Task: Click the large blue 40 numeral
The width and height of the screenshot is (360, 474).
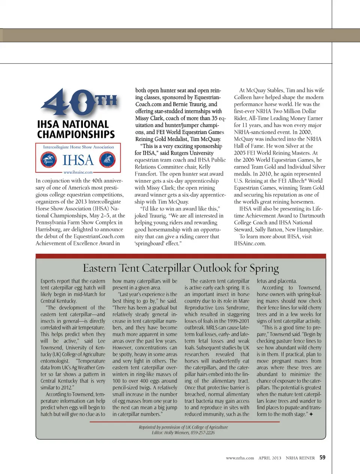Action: pos(67,102)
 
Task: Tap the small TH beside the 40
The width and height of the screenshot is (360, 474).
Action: pos(106,101)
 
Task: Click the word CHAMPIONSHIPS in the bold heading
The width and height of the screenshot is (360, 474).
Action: pos(76,134)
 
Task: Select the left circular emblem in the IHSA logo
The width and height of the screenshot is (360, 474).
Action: pos(48,160)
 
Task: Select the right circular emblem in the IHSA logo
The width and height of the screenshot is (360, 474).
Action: pos(107,160)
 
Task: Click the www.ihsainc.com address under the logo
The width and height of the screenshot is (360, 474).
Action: pos(78,172)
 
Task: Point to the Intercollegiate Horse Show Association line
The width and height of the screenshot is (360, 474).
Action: pos(78,147)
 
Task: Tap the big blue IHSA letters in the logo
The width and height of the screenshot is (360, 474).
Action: pos(78,160)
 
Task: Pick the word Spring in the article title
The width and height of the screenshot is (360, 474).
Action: pos(264,268)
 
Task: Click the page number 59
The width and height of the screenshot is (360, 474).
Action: pos(322,458)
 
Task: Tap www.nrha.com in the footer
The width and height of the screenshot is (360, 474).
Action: pos(240,458)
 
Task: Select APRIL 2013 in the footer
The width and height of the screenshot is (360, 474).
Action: pos(270,458)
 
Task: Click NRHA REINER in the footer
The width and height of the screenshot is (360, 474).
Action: pos(300,458)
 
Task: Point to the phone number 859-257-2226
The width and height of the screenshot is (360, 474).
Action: pos(203,433)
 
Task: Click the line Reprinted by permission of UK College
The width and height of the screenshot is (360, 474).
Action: pos(183,427)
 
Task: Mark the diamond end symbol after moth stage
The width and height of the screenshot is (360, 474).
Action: pos(311,414)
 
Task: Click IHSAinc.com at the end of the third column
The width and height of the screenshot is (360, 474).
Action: pos(250,244)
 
